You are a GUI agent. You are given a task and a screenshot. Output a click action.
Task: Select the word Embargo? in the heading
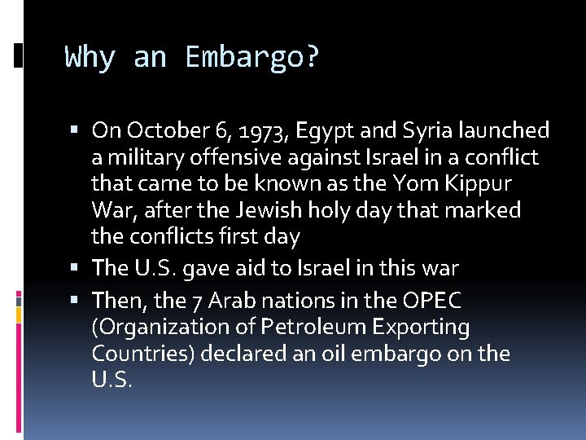[252, 58]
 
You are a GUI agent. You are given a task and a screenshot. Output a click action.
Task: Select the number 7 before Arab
[198, 301]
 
